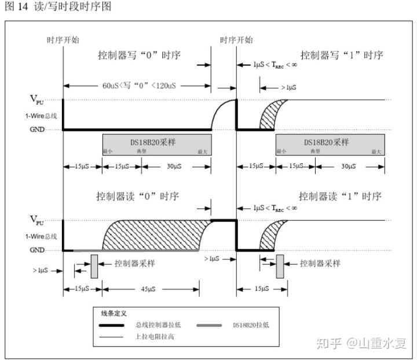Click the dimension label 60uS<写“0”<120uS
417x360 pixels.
point(137,86)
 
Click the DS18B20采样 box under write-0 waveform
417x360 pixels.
point(156,143)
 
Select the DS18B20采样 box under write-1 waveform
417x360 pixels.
point(330,143)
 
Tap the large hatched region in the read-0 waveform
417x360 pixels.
point(156,235)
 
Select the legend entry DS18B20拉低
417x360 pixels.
point(250,325)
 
